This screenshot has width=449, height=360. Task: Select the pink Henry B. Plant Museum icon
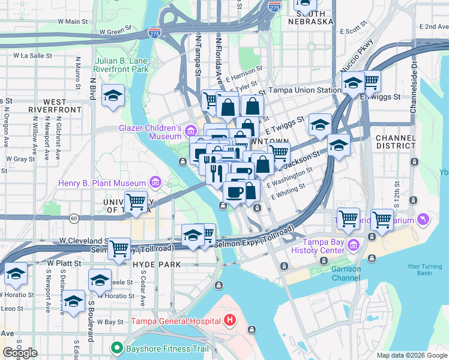155,182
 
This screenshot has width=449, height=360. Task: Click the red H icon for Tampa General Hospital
229,320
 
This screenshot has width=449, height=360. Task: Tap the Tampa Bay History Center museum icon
353,244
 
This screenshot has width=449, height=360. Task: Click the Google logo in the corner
20,353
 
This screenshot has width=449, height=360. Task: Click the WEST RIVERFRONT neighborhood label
55,106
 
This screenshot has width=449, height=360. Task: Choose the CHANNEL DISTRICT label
395,142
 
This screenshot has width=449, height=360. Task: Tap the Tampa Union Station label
304,90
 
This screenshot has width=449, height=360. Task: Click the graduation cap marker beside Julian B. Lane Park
113,96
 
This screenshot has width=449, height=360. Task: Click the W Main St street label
73,22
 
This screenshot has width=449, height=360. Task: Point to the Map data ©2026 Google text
411,355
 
